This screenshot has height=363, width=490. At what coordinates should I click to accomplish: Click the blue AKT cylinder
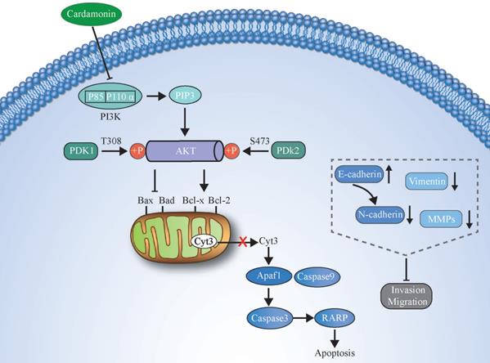(x=195, y=151)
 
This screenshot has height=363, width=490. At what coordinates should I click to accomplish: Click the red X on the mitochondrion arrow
(x=242, y=241)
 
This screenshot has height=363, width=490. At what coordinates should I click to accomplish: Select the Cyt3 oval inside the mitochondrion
(x=205, y=241)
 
